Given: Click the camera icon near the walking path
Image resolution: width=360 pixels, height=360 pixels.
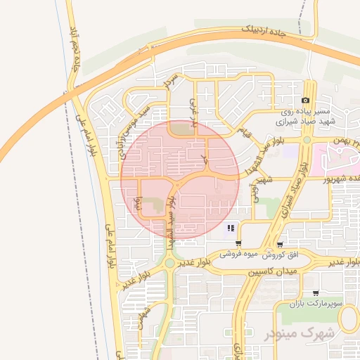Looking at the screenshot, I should coord(306,101).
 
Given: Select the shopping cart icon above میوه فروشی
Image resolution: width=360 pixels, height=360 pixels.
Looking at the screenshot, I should coord(239,244).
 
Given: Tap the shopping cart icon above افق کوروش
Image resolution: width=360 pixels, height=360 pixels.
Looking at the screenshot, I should coord(281,245).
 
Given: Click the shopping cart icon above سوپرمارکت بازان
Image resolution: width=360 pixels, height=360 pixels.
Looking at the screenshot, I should coord(315,292).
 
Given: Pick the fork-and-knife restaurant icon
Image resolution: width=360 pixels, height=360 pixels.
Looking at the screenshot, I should coord(231,228).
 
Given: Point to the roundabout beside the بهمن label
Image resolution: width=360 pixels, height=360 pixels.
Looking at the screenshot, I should coord(307,140).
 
